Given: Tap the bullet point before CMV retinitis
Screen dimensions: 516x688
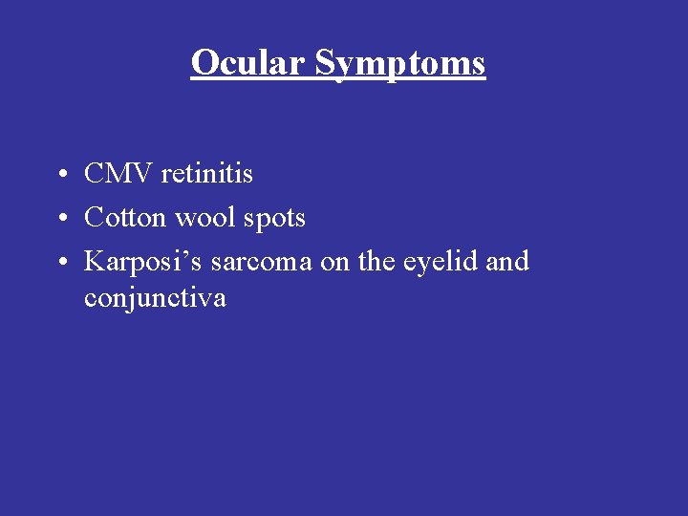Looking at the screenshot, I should click(60, 175).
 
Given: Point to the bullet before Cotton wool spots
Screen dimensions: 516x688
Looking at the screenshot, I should click(60, 219).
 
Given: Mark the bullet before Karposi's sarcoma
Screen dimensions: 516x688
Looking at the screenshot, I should click(60, 262).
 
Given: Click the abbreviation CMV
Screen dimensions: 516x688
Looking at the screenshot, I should click(118, 174).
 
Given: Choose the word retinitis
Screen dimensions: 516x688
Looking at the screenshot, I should click(207, 174).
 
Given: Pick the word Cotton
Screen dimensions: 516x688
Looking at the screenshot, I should click(118, 218).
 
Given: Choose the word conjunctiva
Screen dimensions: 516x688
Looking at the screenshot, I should click(155, 298).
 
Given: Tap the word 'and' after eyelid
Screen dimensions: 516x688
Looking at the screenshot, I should click(506, 262).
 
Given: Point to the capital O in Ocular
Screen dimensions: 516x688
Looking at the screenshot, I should click(204, 63).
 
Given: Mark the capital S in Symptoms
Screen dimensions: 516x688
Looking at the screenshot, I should click(325, 63).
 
